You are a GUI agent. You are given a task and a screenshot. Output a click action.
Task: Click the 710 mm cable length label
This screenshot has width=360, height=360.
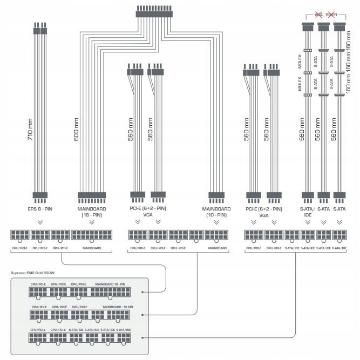tap(30, 130)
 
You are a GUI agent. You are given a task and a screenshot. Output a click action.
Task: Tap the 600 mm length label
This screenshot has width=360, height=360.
tap(76, 130)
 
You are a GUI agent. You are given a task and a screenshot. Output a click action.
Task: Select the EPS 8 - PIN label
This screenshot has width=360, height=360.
tap(40, 208)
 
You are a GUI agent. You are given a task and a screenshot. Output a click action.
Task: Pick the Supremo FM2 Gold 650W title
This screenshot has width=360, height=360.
tap(35, 273)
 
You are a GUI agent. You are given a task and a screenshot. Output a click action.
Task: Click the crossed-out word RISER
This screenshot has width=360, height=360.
tap(331, 15)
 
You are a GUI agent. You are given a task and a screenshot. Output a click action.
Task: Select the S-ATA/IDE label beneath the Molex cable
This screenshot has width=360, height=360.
tap(307, 211)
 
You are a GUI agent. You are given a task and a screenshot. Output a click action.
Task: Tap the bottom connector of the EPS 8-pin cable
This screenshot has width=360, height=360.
tap(40, 195)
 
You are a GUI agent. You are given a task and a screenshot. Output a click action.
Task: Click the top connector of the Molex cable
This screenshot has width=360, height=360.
tap(307, 27)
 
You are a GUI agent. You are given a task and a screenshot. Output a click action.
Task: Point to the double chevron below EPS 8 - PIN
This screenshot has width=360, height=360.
tap(40, 221)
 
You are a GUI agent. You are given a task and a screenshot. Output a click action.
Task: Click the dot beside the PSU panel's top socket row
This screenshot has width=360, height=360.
tap(142, 292)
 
